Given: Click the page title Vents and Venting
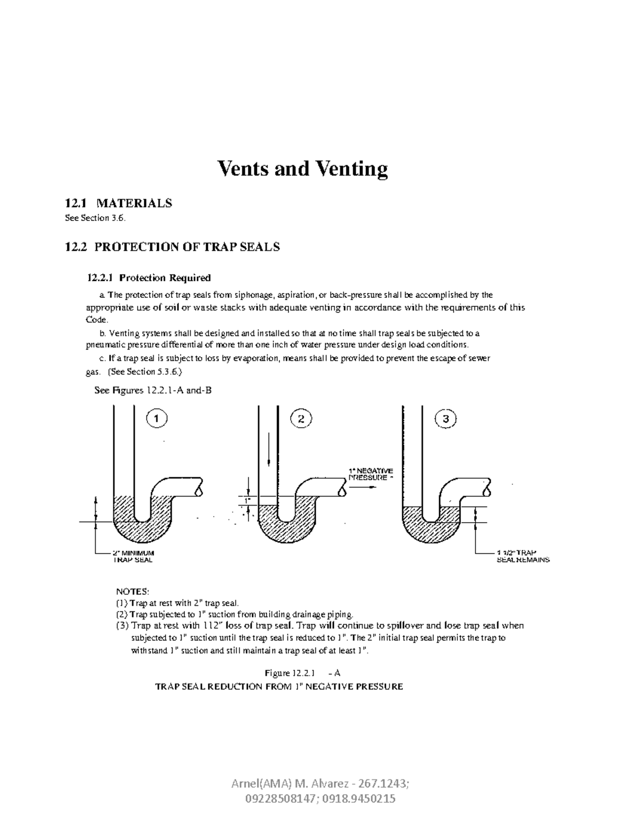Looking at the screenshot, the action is click(302, 170).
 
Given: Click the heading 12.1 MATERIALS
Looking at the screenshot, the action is click(118, 203).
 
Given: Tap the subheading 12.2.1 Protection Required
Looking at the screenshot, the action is click(149, 278).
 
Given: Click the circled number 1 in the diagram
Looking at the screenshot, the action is click(157, 420).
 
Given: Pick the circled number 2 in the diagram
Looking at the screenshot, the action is click(301, 420).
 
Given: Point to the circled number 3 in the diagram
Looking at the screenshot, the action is click(446, 420).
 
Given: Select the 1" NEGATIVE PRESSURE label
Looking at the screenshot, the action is click(371, 474).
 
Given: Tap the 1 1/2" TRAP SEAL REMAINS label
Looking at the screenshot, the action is click(523, 556).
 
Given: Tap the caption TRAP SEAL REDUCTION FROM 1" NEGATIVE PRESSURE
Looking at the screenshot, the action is click(279, 686).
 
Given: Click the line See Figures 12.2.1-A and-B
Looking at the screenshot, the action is click(153, 390).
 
